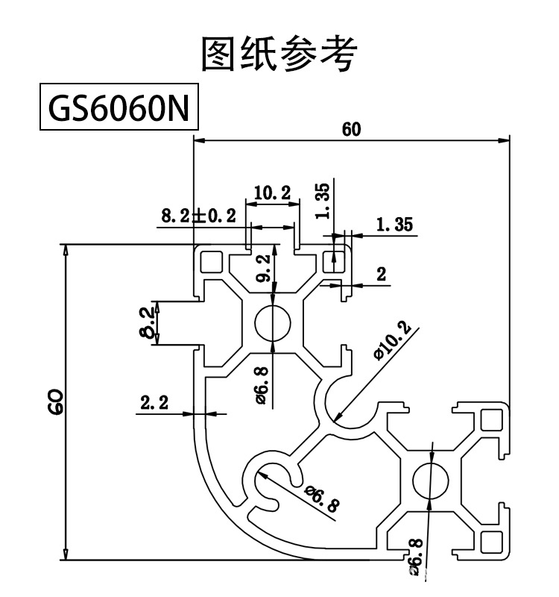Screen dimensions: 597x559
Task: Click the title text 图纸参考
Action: pyautogui.click(x=279, y=54)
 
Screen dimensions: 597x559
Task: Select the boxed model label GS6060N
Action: pyautogui.click(x=119, y=110)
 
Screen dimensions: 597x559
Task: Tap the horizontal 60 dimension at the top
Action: pyautogui.click(x=351, y=129)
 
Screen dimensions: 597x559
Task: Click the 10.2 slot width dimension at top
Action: pyautogui.click(x=271, y=193)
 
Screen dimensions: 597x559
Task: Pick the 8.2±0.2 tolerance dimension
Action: pyautogui.click(x=198, y=216)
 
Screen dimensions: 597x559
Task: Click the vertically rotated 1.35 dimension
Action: pyautogui.click(x=322, y=202)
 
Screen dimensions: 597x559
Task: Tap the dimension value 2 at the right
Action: pyautogui.click(x=382, y=274)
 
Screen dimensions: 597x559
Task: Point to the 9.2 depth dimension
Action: pyautogui.click(x=262, y=267)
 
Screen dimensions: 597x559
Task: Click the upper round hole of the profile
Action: pyautogui.click(x=274, y=324)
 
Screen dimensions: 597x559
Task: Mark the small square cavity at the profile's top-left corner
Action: pyautogui.click(x=211, y=262)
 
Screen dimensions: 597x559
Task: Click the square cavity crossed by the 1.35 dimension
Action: pyautogui.click(x=335, y=261)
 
